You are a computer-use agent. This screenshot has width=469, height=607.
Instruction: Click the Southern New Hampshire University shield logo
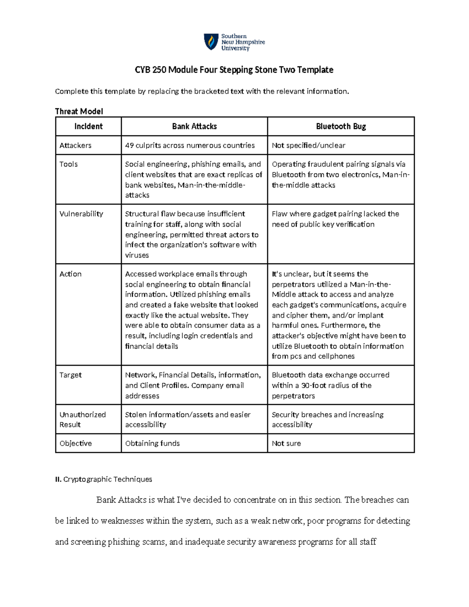(211, 41)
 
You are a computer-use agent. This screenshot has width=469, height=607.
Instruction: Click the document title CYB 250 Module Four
(234, 70)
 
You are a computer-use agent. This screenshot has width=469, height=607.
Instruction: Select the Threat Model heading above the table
(79, 111)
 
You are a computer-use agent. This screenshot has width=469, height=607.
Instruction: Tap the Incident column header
(88, 126)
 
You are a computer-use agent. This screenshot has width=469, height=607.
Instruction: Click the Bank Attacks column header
(194, 126)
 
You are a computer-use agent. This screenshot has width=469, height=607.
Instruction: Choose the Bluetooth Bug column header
(341, 126)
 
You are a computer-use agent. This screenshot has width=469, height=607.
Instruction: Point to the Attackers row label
(75, 145)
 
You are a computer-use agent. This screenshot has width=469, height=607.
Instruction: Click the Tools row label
(69, 164)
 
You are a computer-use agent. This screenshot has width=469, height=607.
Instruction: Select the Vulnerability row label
(81, 214)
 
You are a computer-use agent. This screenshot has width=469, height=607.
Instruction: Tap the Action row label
(71, 274)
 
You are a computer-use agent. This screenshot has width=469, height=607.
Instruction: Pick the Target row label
(71, 375)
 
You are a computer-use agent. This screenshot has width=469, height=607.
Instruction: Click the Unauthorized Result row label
(82, 419)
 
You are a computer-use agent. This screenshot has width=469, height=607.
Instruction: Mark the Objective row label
(76, 443)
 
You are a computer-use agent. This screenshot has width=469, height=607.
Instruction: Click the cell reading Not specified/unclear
(308, 145)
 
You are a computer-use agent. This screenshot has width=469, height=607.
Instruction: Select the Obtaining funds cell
(152, 443)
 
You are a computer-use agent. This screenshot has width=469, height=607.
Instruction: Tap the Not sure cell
(286, 443)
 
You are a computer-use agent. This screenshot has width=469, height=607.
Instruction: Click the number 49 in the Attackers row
(129, 145)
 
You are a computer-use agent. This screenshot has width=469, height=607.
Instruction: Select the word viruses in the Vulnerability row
(137, 255)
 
